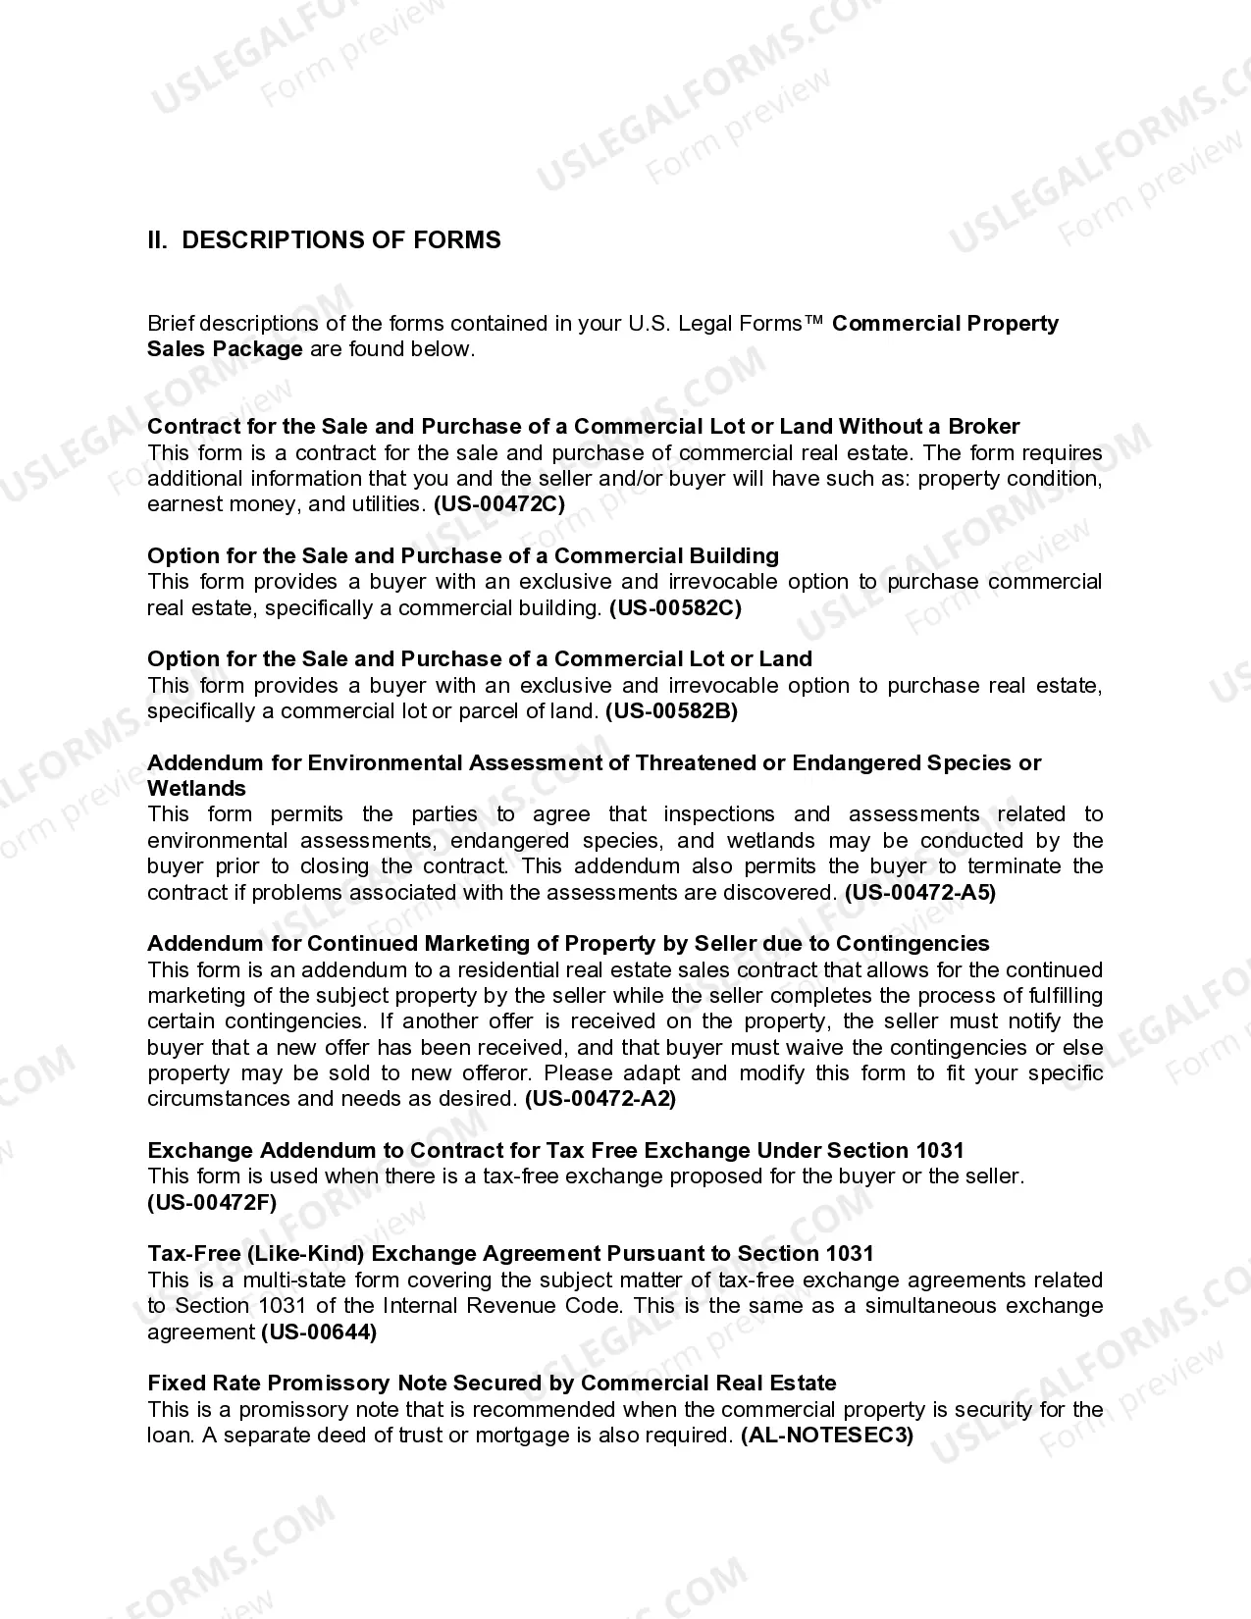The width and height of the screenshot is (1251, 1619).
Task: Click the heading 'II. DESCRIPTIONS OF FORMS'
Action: [x=324, y=240]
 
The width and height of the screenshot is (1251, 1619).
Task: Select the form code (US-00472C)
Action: [x=499, y=504]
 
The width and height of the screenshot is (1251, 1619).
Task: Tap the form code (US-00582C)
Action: [x=675, y=608]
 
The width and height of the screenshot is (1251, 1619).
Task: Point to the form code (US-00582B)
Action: [x=671, y=711]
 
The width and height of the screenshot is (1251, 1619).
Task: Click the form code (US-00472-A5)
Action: [x=920, y=893]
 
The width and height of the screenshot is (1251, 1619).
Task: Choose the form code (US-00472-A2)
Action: [x=600, y=1099]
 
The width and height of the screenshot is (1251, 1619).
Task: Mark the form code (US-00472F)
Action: [x=212, y=1202]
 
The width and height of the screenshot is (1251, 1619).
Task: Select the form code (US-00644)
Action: [x=319, y=1332]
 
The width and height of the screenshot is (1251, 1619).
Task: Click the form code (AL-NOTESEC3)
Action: [x=827, y=1436]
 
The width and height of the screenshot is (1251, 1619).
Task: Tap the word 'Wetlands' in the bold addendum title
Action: [x=196, y=789]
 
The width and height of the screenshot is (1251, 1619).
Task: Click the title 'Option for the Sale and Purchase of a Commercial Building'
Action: [x=463, y=556]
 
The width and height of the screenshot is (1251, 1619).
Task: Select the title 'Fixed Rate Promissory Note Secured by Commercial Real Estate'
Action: [x=492, y=1384]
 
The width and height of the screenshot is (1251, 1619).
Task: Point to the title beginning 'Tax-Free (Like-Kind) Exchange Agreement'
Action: [x=510, y=1254]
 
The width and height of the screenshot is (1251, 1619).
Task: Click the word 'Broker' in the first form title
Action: [x=983, y=427]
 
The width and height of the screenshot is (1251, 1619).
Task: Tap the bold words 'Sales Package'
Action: [x=225, y=349]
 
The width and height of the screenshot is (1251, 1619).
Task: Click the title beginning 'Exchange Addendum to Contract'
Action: [x=555, y=1151]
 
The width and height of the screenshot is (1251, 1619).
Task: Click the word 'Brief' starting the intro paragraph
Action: [x=170, y=324]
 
